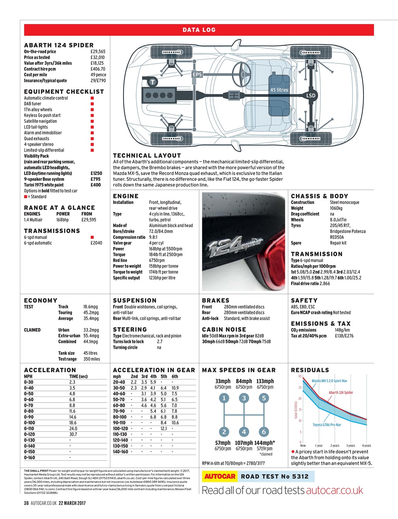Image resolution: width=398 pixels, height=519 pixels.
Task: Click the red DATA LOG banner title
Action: tap(199, 30)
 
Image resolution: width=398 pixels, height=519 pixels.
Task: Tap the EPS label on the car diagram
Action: tap(197, 75)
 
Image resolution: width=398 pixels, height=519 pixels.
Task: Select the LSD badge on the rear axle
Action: tap(310, 96)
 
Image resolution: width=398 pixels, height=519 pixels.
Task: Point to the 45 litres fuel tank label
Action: tap(279, 90)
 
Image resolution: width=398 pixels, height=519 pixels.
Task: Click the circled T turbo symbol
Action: tap(152, 82)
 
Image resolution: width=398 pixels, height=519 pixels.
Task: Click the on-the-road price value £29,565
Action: tap(98, 51)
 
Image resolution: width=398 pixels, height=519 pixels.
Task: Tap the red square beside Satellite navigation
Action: tap(92, 121)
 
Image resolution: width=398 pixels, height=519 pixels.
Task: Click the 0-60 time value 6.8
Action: tap(72, 399)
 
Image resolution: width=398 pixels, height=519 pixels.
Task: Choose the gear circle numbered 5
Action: tap(264, 398)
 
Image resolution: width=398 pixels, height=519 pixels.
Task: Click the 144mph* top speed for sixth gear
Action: tap(265, 443)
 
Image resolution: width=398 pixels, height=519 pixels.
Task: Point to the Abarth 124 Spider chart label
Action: tap(340, 392)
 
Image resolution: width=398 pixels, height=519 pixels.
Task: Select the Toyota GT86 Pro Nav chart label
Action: tap(327, 425)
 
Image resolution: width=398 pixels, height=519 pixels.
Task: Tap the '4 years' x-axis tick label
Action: tap(366, 446)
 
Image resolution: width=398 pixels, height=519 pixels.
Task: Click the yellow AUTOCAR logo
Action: tap(220, 476)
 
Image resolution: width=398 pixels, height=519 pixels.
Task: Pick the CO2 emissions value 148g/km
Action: tap(342, 330)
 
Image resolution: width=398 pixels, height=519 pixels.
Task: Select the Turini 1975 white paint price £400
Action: tap(96, 185)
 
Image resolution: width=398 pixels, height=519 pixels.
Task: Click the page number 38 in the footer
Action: tap(26, 503)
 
